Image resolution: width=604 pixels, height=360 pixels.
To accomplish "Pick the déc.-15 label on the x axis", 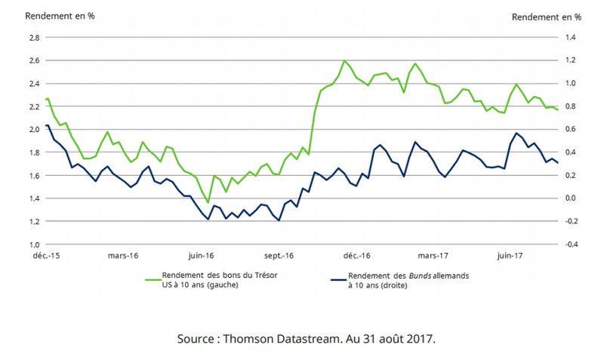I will point(47,256).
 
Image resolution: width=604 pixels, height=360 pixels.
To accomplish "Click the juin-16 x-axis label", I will point(201,256).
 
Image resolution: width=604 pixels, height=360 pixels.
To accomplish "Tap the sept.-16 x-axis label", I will point(278,256).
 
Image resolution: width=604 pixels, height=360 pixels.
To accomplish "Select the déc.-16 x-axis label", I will point(355,256).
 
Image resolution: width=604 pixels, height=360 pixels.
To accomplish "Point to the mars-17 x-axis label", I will point(433,256).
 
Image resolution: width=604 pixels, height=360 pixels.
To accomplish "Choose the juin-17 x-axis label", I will point(510,256).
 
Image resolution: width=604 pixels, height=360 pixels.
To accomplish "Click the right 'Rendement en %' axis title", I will point(547,16).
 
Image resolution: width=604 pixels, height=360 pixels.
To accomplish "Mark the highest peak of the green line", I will point(344,60).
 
